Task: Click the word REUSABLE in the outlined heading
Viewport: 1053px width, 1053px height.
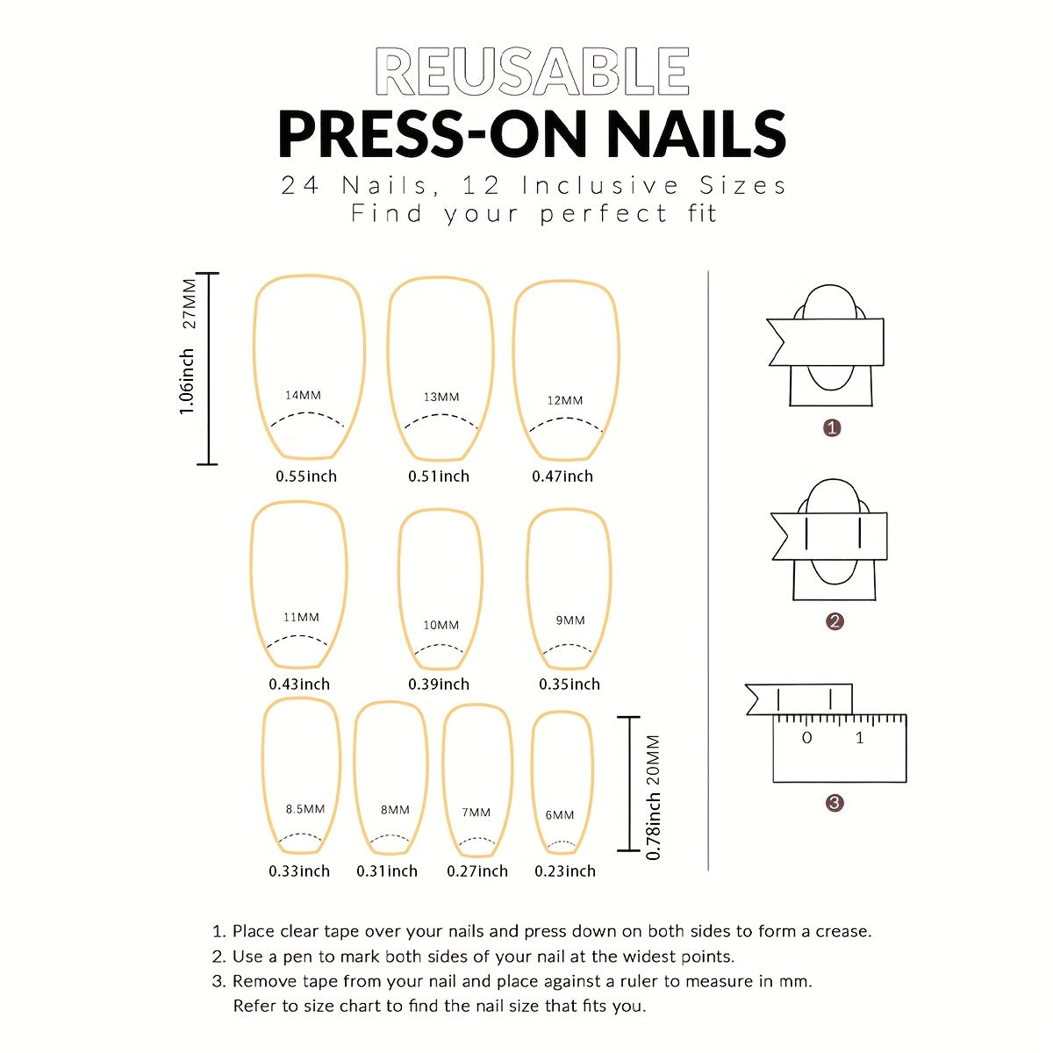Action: (x=532, y=72)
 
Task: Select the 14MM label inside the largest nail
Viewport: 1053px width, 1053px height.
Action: (x=304, y=396)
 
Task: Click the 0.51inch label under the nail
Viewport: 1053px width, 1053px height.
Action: (x=439, y=476)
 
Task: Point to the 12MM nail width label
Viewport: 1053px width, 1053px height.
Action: (x=565, y=400)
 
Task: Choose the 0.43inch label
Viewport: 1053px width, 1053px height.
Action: (x=299, y=684)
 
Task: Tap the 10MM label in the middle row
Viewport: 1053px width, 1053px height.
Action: (x=441, y=625)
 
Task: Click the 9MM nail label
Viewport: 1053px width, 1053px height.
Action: (x=570, y=620)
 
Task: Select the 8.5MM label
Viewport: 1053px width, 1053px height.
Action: (x=305, y=809)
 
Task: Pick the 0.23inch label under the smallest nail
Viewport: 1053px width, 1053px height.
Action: (x=565, y=871)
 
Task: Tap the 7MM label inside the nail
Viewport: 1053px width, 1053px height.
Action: (x=476, y=813)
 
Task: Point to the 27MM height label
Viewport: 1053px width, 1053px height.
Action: (x=190, y=303)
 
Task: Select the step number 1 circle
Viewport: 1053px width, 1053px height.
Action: (x=833, y=428)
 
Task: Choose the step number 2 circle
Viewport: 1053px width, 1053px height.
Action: (x=835, y=621)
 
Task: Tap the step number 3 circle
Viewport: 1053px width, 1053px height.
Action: (x=835, y=803)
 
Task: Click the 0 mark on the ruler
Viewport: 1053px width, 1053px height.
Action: (x=807, y=739)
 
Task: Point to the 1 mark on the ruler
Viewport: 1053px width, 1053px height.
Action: (x=860, y=739)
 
